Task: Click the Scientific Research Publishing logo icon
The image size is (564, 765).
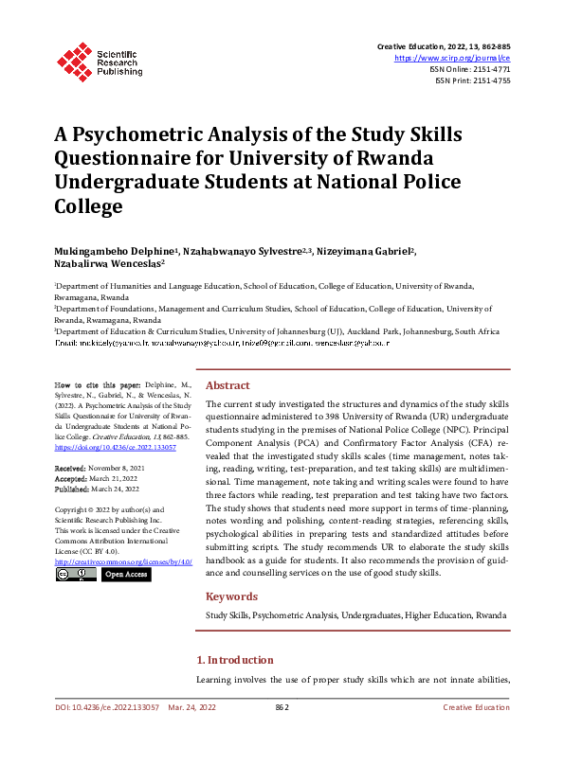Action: [72, 61]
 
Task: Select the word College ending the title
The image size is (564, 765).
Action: [88, 204]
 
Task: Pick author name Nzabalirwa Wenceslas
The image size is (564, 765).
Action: [108, 264]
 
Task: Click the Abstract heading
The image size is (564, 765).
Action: [227, 385]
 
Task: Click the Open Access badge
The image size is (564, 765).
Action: [126, 574]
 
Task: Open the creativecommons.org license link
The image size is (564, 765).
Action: [123, 561]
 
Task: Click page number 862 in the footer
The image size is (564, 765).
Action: [282, 707]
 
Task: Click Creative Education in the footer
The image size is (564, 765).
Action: [476, 707]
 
